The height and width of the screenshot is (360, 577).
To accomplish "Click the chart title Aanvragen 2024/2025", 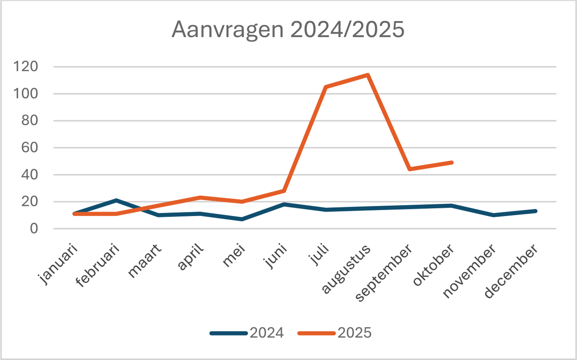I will [x=288, y=30].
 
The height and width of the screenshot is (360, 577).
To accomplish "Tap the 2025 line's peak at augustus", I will [x=368, y=75].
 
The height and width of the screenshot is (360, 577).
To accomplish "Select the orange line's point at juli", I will [x=326, y=87].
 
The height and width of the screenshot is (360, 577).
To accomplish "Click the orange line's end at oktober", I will [x=452, y=163].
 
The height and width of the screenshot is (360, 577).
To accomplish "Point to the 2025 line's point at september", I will [x=410, y=169].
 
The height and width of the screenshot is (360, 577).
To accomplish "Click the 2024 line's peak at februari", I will [x=116, y=200].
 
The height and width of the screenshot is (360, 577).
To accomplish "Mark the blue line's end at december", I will [x=536, y=211].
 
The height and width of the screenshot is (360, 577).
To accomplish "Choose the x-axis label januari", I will [x=60, y=264].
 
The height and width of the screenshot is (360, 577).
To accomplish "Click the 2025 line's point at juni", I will [x=284, y=191].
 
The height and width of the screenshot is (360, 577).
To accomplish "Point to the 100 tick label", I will [x=37, y=94].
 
